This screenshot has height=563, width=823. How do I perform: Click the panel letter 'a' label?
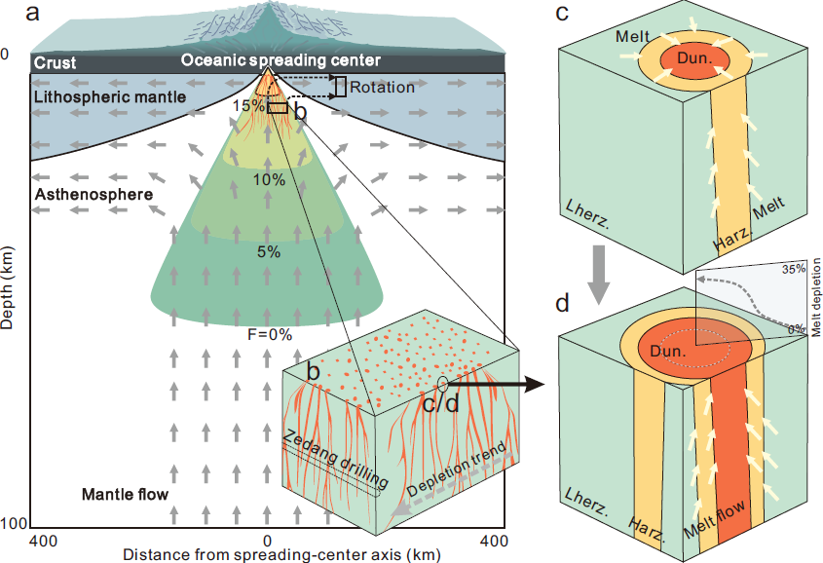(x=32, y=12)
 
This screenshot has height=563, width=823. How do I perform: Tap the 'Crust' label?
(x=56, y=63)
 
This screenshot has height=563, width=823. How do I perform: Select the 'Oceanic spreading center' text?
(x=281, y=60)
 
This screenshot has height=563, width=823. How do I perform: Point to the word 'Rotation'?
(x=382, y=87)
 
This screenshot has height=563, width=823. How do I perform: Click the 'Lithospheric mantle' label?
(x=110, y=97)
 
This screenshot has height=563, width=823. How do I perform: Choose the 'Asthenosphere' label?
(x=94, y=195)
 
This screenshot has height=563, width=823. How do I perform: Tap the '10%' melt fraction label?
(x=269, y=180)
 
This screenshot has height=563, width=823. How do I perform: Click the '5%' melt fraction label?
(x=269, y=252)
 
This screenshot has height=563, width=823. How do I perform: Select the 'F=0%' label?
(x=270, y=334)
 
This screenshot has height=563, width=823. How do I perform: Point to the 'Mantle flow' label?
(x=125, y=494)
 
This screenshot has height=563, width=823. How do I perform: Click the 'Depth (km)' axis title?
(x=7, y=280)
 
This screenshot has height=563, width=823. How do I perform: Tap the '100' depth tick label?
(x=14, y=523)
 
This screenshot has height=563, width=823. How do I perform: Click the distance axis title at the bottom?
(x=281, y=554)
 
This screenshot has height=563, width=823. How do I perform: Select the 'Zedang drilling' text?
(x=336, y=459)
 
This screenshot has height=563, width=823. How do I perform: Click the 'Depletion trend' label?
(x=457, y=469)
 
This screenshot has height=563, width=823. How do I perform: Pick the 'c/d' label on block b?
(x=441, y=403)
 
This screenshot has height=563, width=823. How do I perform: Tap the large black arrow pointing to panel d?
(x=495, y=385)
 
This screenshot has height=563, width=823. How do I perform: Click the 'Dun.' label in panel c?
(x=695, y=57)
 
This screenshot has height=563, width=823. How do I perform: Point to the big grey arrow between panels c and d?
(x=598, y=275)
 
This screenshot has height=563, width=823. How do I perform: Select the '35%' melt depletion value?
(x=794, y=269)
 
